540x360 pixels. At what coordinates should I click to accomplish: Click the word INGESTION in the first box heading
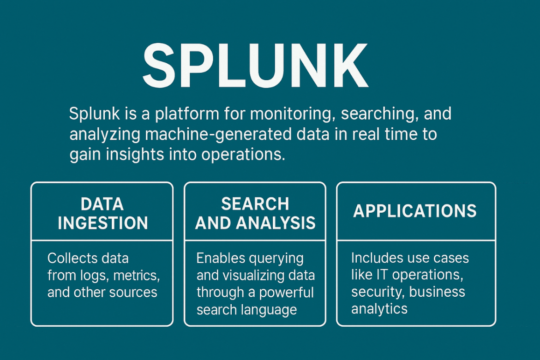[x=102, y=223]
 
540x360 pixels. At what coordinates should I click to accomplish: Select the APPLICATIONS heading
[x=415, y=211]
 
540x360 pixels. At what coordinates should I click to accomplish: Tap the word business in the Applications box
[x=437, y=292]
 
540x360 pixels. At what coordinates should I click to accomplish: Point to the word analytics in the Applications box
[x=379, y=308]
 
